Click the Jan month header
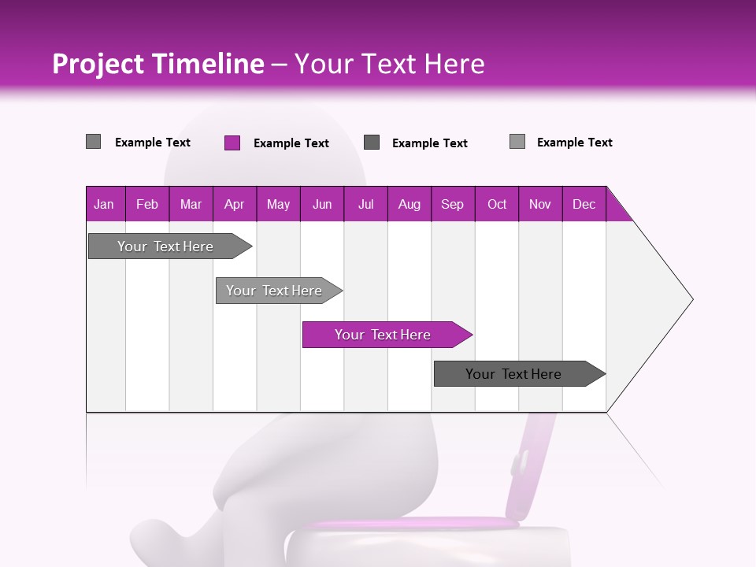[104, 204]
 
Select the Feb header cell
[147, 204]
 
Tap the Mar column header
[191, 204]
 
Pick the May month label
[278, 204]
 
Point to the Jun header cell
[322, 204]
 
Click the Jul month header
[365, 204]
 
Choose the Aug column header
[409, 204]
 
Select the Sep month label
[453, 204]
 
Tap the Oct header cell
[497, 204]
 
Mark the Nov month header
[540, 204]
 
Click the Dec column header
[584, 204]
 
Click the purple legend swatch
[232, 143]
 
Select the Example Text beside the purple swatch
[291, 143]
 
